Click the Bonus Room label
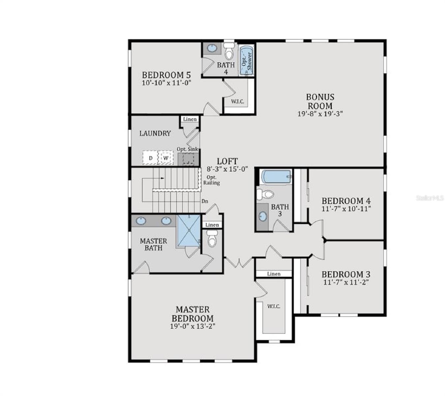pos(320,102)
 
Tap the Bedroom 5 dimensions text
pos(166,83)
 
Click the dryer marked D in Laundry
pos(150,158)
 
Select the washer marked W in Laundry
pos(166,158)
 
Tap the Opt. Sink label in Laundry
pos(188,149)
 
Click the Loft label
pos(227,161)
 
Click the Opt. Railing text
pos(212,180)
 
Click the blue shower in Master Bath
pos(189,231)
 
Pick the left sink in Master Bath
pos(141,221)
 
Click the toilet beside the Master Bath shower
pos(212,239)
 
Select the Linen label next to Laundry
pos(190,119)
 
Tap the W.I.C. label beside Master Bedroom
pos(274,306)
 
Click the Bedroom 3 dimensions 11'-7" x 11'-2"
pos(345,282)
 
